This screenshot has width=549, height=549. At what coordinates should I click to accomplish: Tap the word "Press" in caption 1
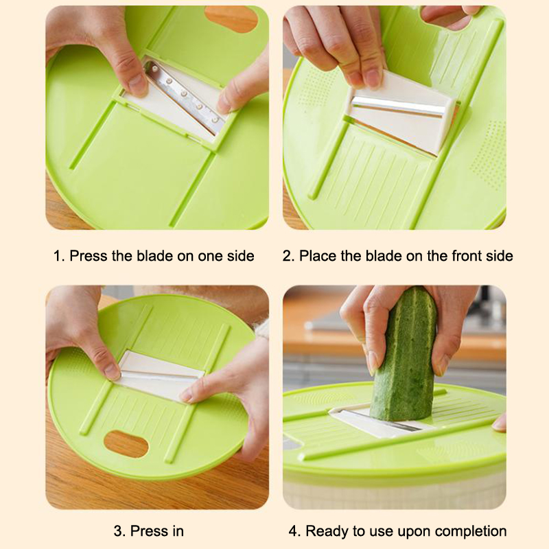(89, 256)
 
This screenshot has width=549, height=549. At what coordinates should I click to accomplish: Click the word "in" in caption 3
(178, 531)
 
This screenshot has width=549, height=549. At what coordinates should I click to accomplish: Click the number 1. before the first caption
(59, 256)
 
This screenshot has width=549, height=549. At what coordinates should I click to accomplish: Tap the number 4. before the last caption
(295, 531)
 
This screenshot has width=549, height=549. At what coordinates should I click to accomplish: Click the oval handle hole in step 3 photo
(126, 444)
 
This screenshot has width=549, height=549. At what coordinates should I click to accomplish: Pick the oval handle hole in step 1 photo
(231, 19)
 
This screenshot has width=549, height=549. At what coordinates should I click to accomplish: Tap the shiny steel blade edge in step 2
(397, 106)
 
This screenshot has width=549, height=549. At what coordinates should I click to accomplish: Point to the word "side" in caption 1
(241, 256)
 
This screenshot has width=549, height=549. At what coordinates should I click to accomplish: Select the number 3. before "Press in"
(119, 531)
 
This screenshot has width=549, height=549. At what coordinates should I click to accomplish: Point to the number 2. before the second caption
(288, 256)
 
